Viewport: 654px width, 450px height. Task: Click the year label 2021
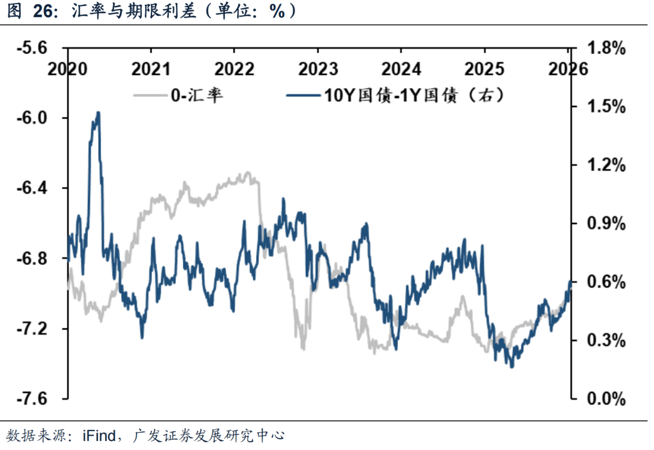(x=151, y=68)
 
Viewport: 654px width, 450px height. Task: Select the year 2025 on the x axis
(x=487, y=68)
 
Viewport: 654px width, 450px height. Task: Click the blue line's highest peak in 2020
(x=98, y=113)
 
